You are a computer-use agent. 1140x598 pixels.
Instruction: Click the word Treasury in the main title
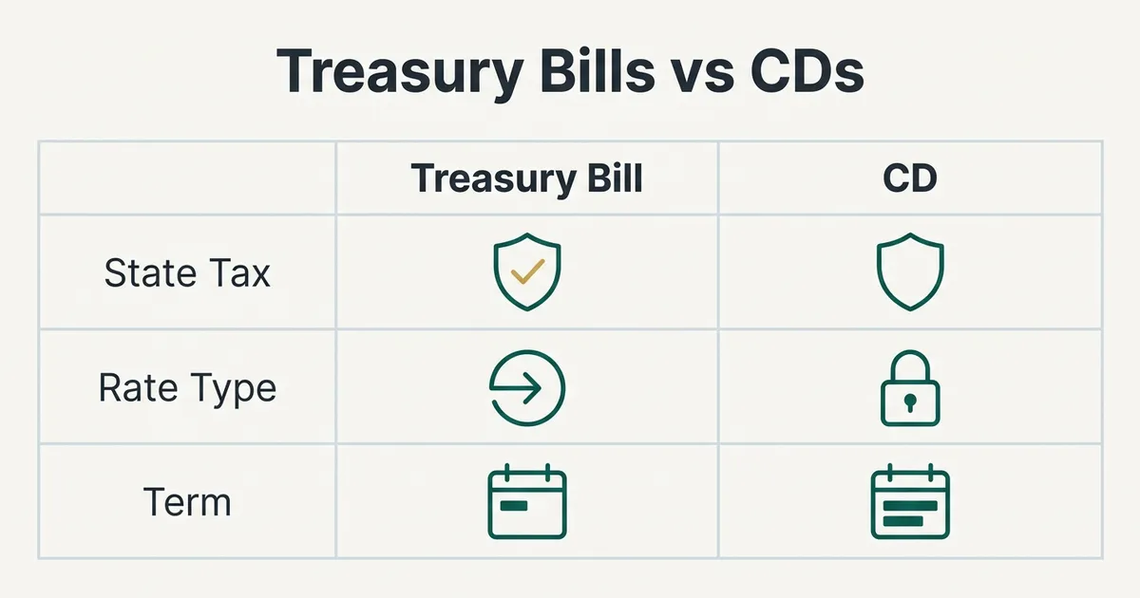pyautogui.click(x=400, y=72)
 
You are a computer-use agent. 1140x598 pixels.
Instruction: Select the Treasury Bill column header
pyautogui.click(x=526, y=179)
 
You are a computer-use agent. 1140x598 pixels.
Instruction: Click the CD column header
pyautogui.click(x=910, y=178)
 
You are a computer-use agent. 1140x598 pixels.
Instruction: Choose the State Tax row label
pyautogui.click(x=187, y=273)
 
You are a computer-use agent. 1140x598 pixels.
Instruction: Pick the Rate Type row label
pyautogui.click(x=187, y=389)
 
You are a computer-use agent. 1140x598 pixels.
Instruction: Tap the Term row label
pyautogui.click(x=187, y=502)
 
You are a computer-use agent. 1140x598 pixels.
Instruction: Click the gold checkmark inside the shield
pyautogui.click(x=528, y=271)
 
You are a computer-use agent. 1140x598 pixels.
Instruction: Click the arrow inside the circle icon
pyautogui.click(x=515, y=388)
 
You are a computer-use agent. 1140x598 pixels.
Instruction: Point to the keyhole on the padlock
pyautogui.click(x=910, y=402)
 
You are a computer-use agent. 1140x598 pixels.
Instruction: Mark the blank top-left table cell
pyautogui.click(x=187, y=178)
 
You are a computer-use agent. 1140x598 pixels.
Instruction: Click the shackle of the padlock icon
pyautogui.click(x=910, y=352)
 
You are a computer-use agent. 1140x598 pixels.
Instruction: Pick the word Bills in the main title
pyautogui.click(x=597, y=70)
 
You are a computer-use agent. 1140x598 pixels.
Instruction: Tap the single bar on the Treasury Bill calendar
pyautogui.click(x=514, y=506)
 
